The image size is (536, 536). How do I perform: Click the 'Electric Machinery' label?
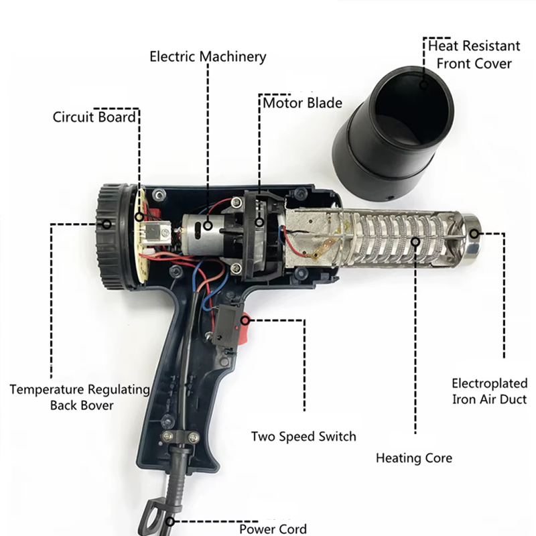click(x=207, y=56)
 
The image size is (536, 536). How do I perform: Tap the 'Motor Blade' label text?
click(x=302, y=103)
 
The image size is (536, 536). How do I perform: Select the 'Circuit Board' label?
click(x=94, y=117)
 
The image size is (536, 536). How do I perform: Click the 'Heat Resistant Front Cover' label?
click(x=474, y=55)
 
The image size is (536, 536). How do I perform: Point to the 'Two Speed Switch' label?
click(x=304, y=436)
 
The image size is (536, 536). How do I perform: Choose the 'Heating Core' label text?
click(x=413, y=458)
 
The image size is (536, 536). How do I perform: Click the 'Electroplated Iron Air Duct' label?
click(x=488, y=391)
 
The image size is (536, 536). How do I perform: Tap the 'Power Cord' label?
click(x=273, y=529)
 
